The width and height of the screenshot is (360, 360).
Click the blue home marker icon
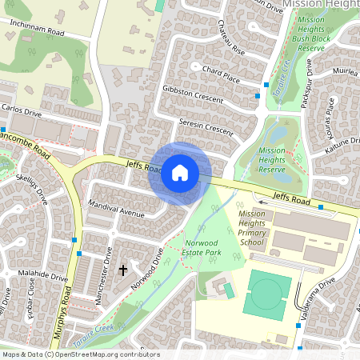(x=180, y=173)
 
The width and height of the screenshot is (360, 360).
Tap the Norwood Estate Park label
(x=202, y=246)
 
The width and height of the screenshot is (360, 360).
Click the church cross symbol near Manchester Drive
(x=123, y=270)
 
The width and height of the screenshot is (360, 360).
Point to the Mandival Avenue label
(x=116, y=209)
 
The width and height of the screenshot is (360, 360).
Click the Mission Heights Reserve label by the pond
(x=272, y=159)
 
